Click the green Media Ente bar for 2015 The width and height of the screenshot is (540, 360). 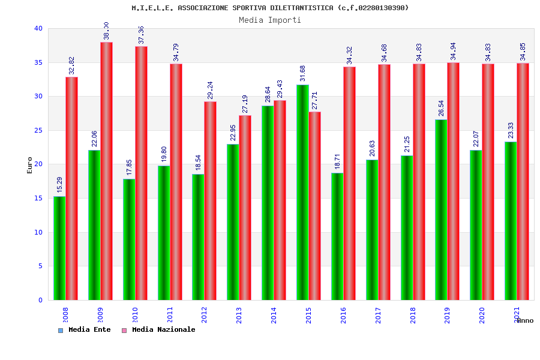(302, 192)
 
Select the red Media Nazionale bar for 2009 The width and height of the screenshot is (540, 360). (106, 171)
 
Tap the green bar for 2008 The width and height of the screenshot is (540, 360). (59, 248)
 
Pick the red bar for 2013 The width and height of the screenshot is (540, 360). (245, 208)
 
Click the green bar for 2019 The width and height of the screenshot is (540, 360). (441, 209)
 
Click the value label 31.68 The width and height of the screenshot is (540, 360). (303, 73)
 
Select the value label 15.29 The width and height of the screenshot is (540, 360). (59, 184)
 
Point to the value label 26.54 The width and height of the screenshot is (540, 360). (442, 108)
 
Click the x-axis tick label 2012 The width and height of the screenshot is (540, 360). (204, 315)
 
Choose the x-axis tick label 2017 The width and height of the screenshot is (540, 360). (378, 315)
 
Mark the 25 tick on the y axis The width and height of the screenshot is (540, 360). (38, 130)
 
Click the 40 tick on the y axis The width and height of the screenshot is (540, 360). (38, 28)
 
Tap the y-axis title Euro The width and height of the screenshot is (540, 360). (30, 165)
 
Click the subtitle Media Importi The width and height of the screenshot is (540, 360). (270, 20)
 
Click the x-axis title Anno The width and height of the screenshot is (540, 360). (525, 320)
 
